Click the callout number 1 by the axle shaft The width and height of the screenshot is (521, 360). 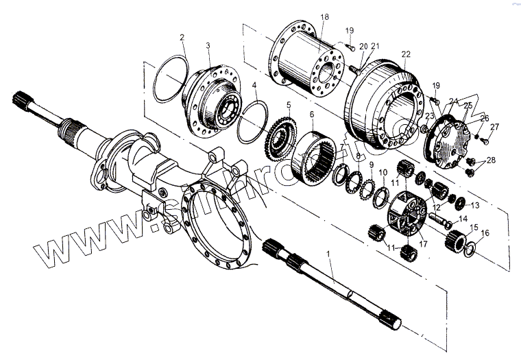[329, 254]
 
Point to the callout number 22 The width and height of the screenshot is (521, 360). [406, 53]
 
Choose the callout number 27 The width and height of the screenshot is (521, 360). [495, 125]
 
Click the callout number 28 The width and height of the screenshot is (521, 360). [490, 161]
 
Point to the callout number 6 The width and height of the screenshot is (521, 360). [311, 115]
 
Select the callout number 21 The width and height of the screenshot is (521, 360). [375, 46]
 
